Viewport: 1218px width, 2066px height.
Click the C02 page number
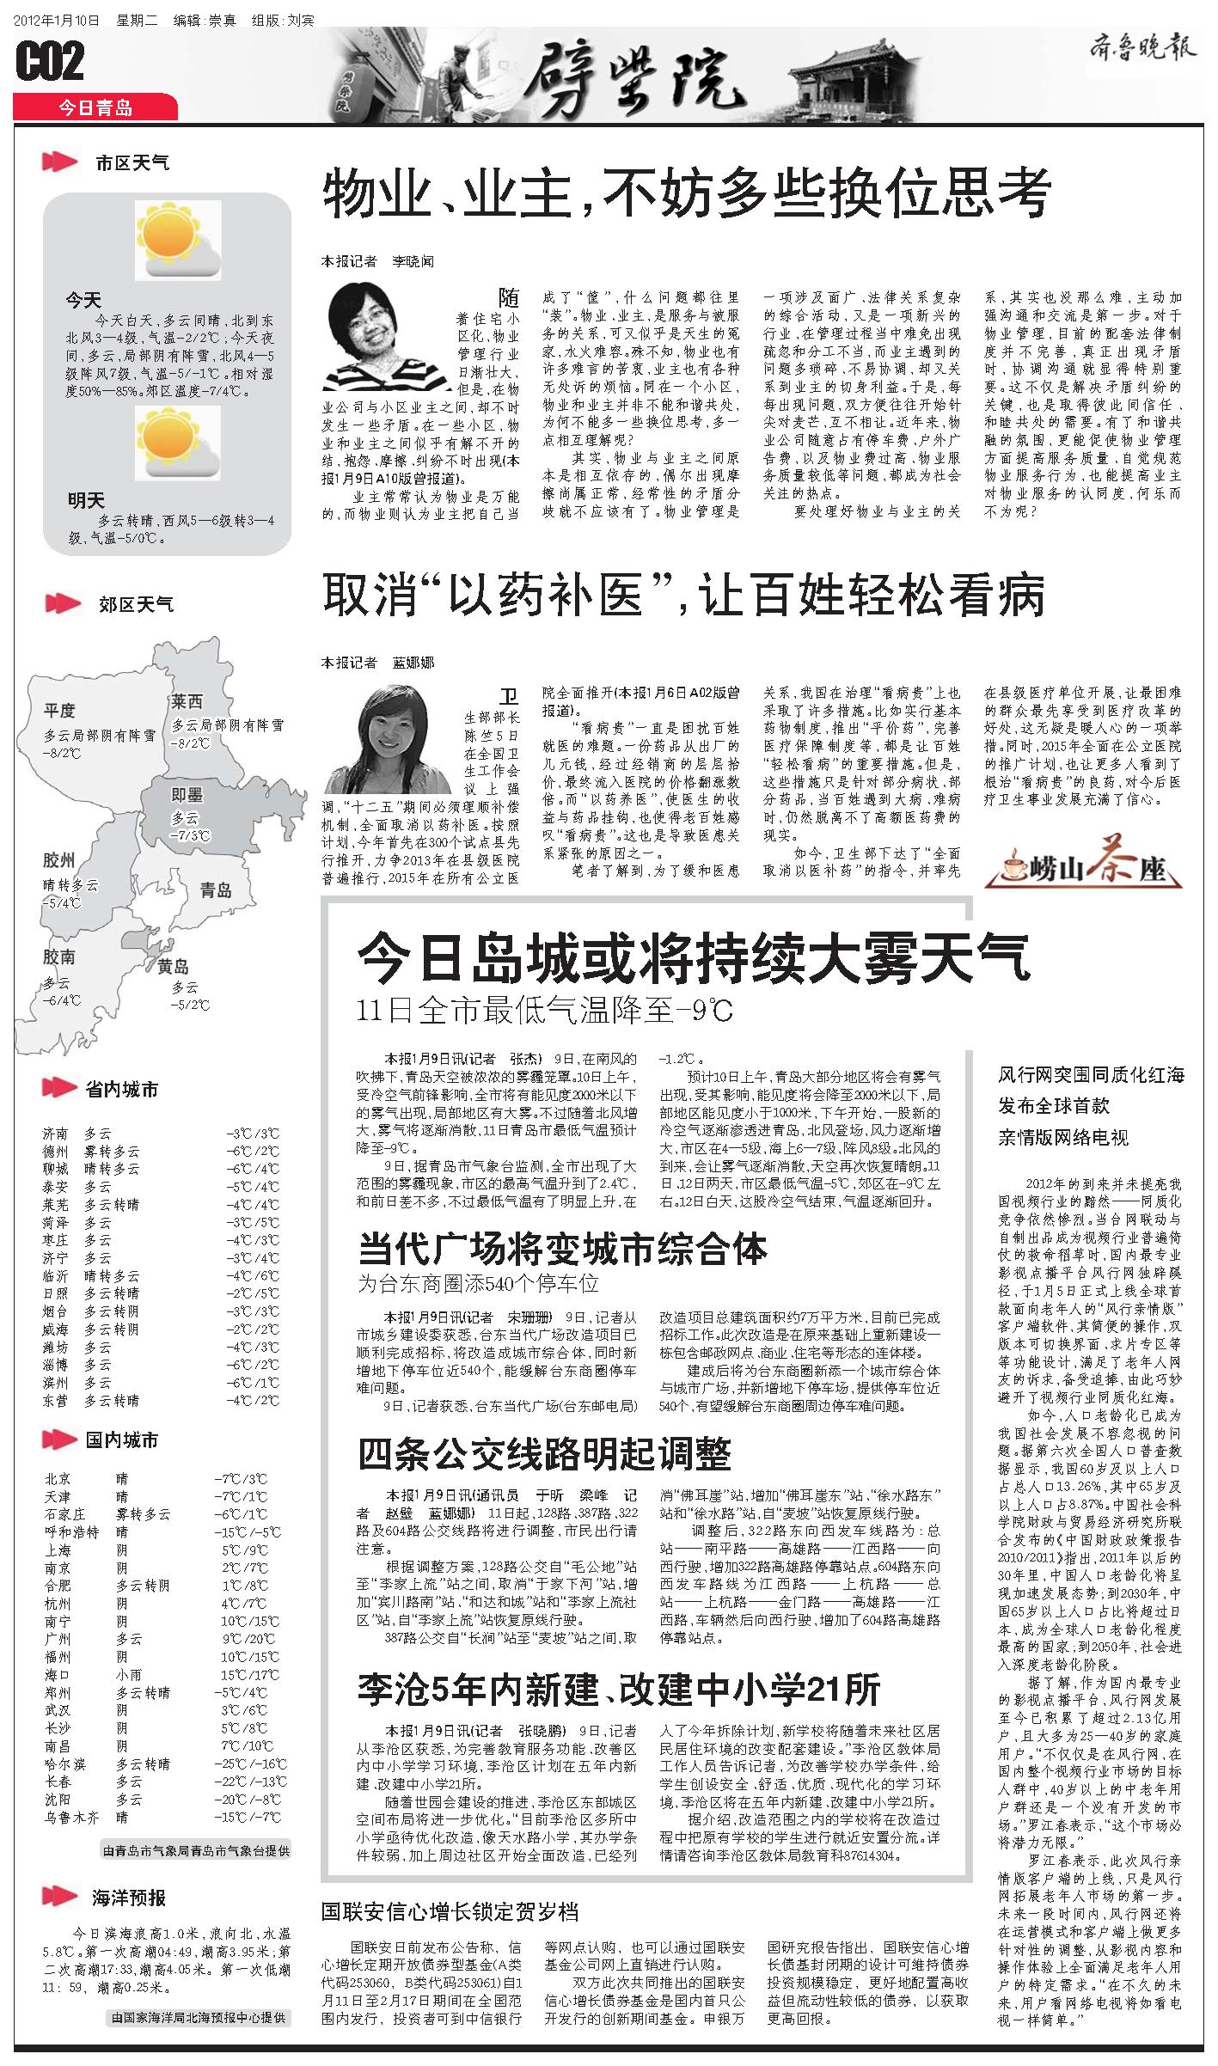pos(50,63)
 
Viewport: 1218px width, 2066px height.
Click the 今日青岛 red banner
pos(95,107)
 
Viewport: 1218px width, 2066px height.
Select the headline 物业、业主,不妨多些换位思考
pos(686,193)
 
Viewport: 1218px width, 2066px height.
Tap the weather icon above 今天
pos(177,245)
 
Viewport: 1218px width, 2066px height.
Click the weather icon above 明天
pos(177,445)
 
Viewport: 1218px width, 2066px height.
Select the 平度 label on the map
pos(60,710)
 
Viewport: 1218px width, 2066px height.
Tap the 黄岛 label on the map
pos(173,966)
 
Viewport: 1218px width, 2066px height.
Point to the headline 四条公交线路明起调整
pos(544,1452)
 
